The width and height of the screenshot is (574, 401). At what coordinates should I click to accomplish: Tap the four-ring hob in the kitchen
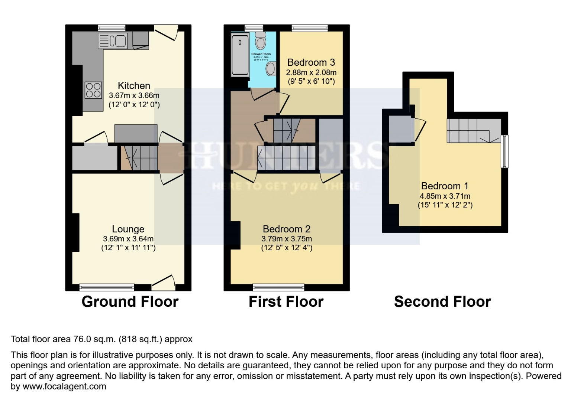93,90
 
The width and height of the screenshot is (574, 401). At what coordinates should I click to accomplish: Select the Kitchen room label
134,86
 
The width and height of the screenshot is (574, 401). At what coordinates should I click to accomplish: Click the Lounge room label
128,229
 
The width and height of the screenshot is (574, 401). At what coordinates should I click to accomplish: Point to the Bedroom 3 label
311,62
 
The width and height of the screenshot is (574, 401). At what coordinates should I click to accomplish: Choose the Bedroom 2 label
286,229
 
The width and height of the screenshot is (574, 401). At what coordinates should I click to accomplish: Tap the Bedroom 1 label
445,186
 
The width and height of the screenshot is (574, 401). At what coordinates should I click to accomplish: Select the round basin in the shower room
271,69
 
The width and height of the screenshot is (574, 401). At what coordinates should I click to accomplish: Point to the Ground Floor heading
130,301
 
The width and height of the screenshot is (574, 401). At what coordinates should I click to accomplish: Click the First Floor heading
286,301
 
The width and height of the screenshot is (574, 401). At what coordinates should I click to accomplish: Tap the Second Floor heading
442,301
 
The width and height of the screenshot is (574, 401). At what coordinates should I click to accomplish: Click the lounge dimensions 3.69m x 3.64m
128,239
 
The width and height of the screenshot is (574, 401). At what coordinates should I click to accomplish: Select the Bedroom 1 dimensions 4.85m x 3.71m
445,196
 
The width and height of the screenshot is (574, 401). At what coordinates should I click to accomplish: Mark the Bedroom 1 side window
504,151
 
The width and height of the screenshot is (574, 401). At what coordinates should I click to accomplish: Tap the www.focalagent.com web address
64,387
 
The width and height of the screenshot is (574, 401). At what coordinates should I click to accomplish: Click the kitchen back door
166,32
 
